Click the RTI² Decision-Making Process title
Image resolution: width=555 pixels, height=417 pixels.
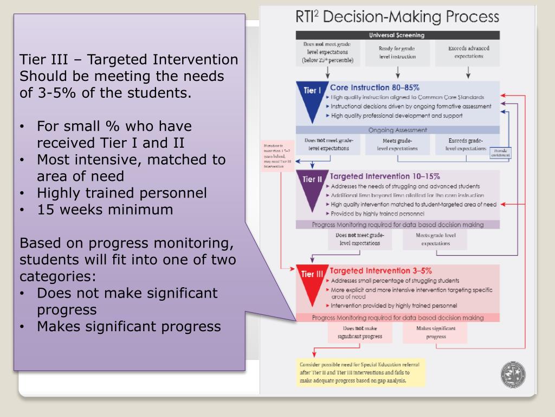click(397, 17)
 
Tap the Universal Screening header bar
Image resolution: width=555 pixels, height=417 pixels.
click(397, 35)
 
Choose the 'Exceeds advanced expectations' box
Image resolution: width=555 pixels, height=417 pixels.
click(468, 52)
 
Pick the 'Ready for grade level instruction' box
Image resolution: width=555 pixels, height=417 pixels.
click(397, 52)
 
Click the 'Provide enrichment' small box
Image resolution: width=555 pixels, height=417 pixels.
click(500, 153)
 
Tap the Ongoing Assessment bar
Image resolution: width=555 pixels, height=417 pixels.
click(397, 130)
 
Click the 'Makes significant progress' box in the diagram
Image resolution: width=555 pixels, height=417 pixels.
click(435, 332)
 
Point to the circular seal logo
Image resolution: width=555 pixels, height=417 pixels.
click(513, 374)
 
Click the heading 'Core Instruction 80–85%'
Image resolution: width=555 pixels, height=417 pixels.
click(375, 87)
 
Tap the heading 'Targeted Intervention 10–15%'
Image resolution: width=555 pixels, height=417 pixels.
click(385, 176)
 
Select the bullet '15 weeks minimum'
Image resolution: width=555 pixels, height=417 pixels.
click(105, 210)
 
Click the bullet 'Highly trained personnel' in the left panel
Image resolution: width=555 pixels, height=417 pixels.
click(121, 193)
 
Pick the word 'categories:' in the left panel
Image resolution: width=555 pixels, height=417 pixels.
click(58, 276)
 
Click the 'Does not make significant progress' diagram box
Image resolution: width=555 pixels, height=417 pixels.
click(360, 332)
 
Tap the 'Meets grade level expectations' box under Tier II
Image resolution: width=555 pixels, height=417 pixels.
click(435, 239)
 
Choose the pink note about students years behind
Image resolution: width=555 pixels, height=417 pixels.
click(277, 156)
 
